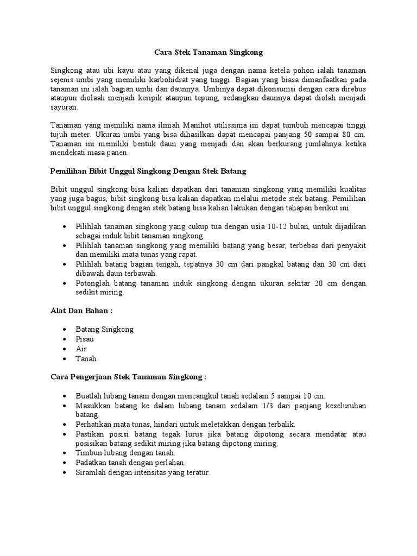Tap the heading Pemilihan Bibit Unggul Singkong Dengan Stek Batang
point(148,171)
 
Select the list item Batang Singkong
point(105,329)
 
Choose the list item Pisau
point(85,339)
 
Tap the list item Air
point(81,349)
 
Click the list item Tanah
point(86,358)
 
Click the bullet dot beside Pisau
point(65,339)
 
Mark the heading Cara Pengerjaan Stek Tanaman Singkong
point(128,377)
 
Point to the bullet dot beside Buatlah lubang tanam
point(65,396)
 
